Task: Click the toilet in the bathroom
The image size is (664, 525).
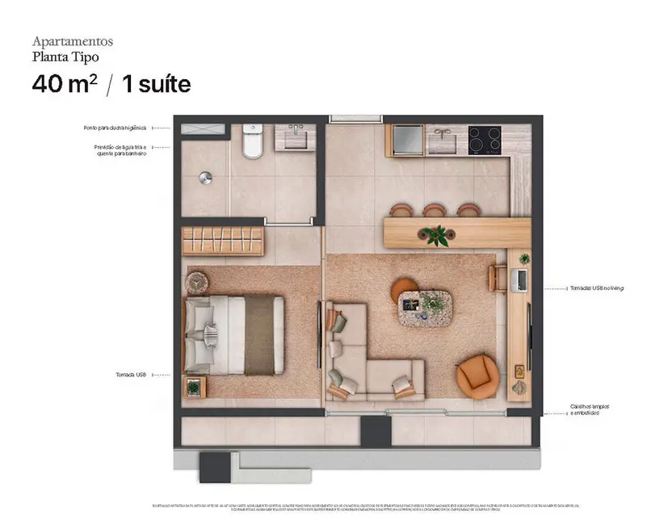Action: point(253,141)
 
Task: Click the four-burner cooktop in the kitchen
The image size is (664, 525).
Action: point(485,139)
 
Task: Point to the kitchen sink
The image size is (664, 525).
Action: point(442,140)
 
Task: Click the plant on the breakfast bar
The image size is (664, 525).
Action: point(437,235)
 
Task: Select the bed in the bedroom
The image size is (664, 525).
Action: point(234,334)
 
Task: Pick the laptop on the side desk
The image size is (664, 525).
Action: point(521,279)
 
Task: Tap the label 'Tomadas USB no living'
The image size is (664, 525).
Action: point(596,288)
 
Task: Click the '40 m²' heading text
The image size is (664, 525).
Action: point(64,84)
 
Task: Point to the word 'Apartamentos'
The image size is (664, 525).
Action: point(72,40)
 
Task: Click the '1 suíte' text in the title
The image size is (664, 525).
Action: point(155,84)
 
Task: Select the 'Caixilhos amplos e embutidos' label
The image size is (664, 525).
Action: point(589,409)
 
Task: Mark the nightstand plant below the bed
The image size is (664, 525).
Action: point(195,388)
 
